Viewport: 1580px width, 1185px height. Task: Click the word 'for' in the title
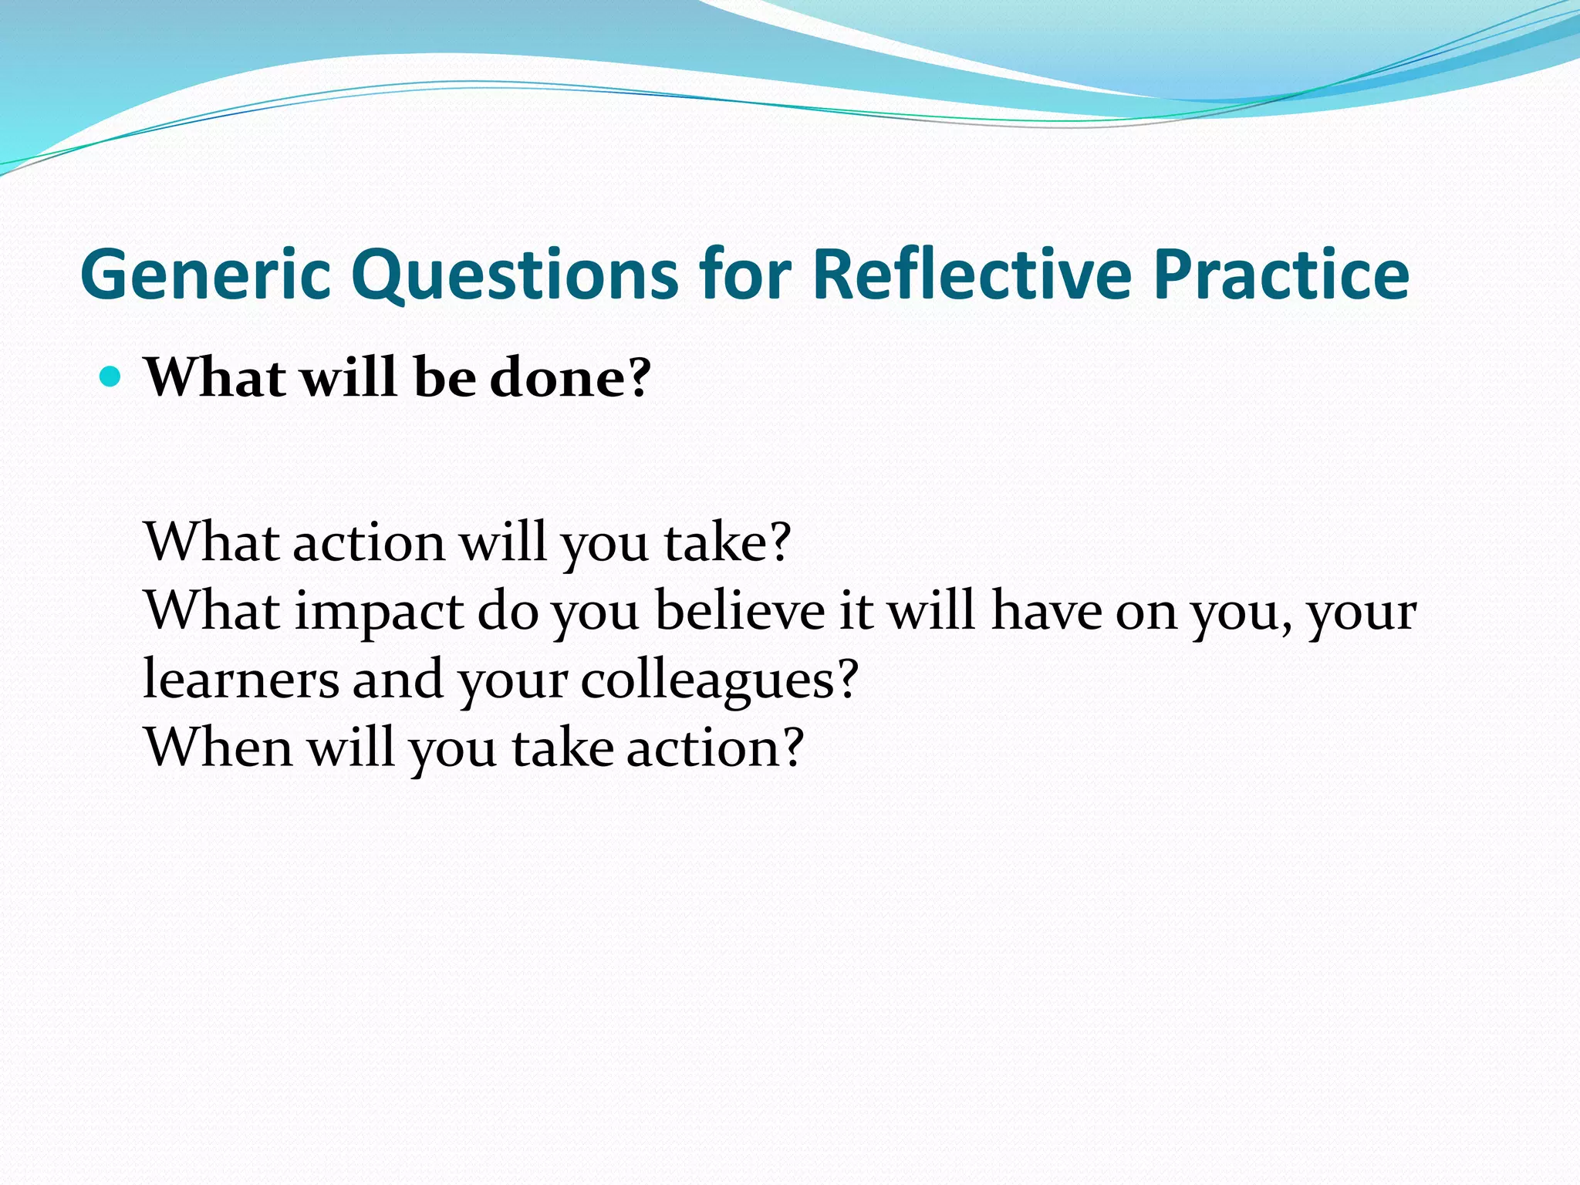[745, 275]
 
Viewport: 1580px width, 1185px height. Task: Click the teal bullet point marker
[111, 377]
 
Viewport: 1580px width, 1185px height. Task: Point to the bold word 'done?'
[571, 377]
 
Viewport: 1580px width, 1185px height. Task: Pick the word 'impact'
[379, 612]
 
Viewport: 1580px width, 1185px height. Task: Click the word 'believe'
[740, 610]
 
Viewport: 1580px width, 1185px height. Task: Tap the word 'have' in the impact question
[1046, 610]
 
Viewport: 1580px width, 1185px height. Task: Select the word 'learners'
[241, 679]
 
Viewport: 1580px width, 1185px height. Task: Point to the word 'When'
[218, 747]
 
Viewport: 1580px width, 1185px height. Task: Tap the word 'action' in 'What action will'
[369, 542]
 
